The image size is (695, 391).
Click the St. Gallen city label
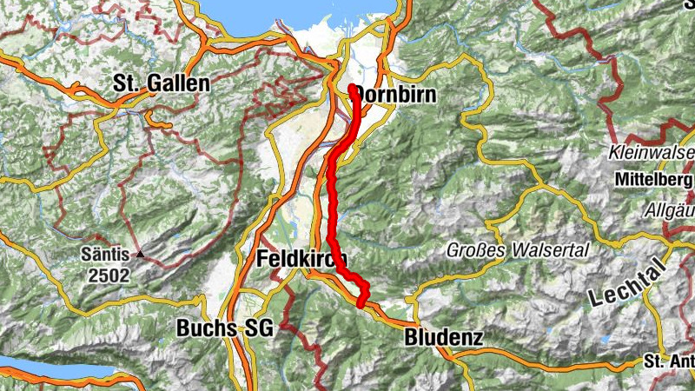pyautogui.click(x=162, y=84)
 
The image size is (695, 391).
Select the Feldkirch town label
pyautogui.click(x=301, y=259)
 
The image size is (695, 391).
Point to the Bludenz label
pyautogui.click(x=443, y=337)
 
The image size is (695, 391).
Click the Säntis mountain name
pyautogui.click(x=105, y=255)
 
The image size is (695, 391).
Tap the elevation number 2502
pyautogui.click(x=108, y=276)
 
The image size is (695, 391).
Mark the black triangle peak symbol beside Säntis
pyautogui.click(x=138, y=255)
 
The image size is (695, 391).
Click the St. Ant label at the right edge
pyautogui.click(x=669, y=361)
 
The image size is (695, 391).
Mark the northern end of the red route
pyautogui.click(x=352, y=88)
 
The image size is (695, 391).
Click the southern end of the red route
pyautogui.click(x=361, y=304)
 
